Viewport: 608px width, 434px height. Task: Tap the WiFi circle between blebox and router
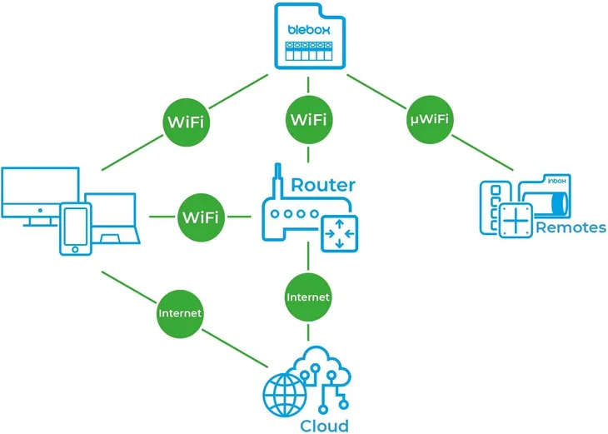(309, 119)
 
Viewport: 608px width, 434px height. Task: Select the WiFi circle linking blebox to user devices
(186, 122)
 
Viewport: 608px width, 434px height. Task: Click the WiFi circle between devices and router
(200, 217)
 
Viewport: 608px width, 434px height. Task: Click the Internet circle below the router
(308, 297)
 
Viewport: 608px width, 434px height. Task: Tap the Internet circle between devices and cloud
(181, 313)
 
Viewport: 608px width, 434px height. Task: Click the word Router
(323, 185)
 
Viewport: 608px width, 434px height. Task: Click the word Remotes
(571, 227)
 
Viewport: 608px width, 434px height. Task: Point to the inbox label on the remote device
(556, 180)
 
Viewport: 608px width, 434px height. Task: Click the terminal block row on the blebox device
(310, 49)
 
